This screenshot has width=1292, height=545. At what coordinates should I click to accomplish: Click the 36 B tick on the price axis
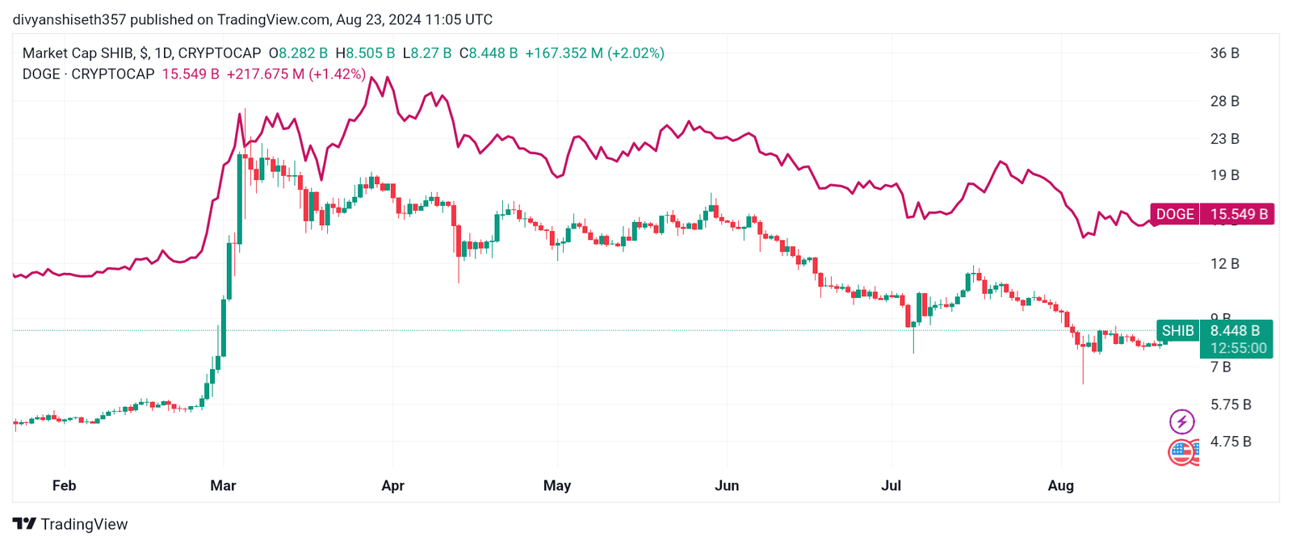pos(1224,53)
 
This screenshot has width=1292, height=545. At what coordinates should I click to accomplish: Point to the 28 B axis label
pos(1224,101)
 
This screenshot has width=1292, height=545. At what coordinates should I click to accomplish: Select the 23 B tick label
pos(1224,139)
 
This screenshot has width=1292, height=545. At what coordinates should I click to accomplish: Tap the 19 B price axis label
pos(1224,175)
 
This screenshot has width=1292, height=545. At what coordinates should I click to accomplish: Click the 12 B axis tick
pos(1224,264)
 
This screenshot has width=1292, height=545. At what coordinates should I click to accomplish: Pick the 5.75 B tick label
pos(1230,405)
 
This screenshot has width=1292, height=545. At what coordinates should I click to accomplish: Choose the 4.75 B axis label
pos(1230,442)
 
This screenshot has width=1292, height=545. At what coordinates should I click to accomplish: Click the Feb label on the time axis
pos(64,485)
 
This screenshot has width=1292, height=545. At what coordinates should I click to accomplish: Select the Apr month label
pos(392,485)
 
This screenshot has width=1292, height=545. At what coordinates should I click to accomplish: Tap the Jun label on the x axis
pos(727,485)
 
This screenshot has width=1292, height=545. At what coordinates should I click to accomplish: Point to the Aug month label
pos(1060,485)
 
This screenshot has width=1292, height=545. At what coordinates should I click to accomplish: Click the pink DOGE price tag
pos(1175,214)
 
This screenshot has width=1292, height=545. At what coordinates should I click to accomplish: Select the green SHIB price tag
pos(1177,331)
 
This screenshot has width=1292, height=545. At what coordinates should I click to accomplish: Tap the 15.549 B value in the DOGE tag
pos(1239,214)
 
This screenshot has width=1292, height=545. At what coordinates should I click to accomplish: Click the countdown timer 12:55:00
pos(1238,348)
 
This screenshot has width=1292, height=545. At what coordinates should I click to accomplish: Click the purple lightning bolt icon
pos(1181,421)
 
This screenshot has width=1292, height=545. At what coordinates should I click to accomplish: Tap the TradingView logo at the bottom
pos(70,524)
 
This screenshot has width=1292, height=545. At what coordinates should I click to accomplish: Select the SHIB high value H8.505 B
pos(365,53)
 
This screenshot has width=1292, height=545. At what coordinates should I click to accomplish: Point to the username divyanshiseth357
pos(69,19)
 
